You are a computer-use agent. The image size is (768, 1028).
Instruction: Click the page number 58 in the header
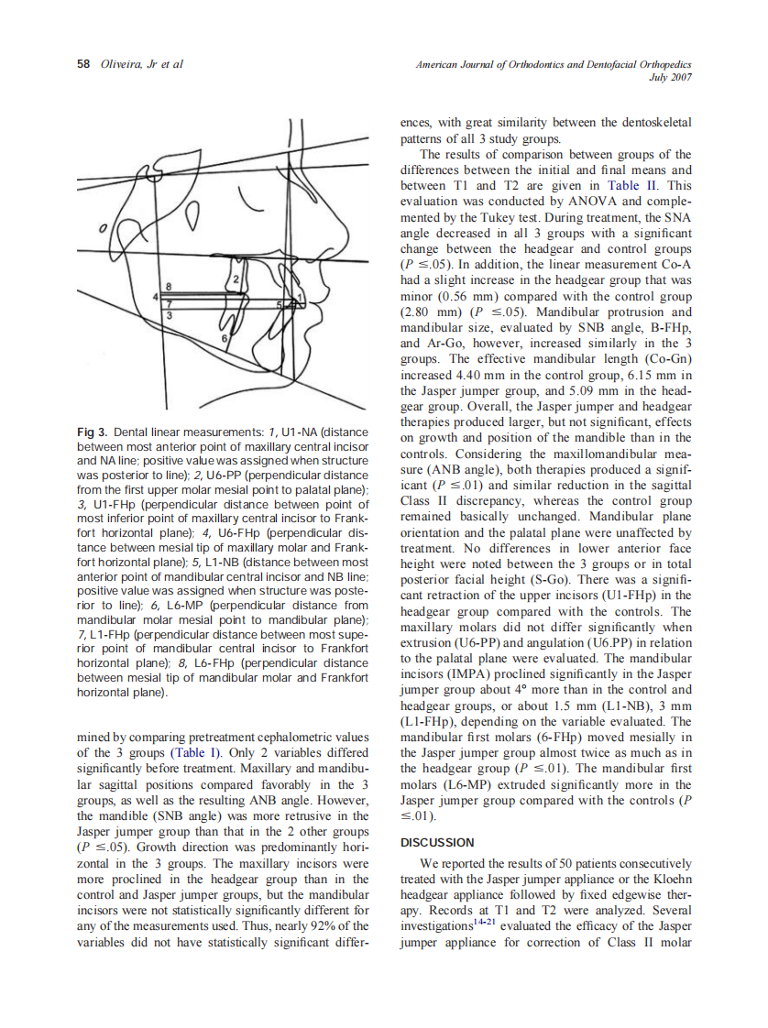tap(82, 64)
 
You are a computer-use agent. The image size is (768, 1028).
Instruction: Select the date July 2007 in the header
tap(673, 78)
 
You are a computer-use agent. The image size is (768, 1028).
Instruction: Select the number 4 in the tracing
tap(157, 298)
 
